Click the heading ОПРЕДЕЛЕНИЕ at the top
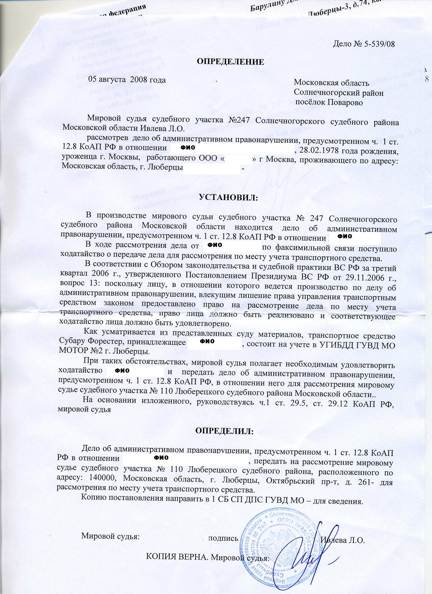(x=231, y=62)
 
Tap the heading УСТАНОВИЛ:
(x=228, y=198)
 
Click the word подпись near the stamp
(x=223, y=538)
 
